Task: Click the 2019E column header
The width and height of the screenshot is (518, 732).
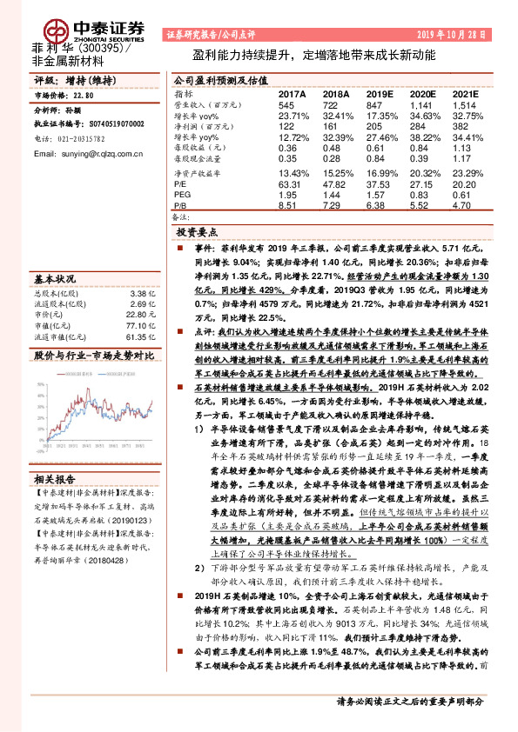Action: (380, 94)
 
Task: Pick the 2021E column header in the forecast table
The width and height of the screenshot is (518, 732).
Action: (465, 94)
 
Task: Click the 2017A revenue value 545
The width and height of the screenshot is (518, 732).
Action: (286, 104)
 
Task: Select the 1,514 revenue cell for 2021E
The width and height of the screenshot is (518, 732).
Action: (463, 104)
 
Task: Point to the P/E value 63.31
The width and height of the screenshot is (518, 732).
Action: (290, 183)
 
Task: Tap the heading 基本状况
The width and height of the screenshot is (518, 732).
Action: (54, 279)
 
